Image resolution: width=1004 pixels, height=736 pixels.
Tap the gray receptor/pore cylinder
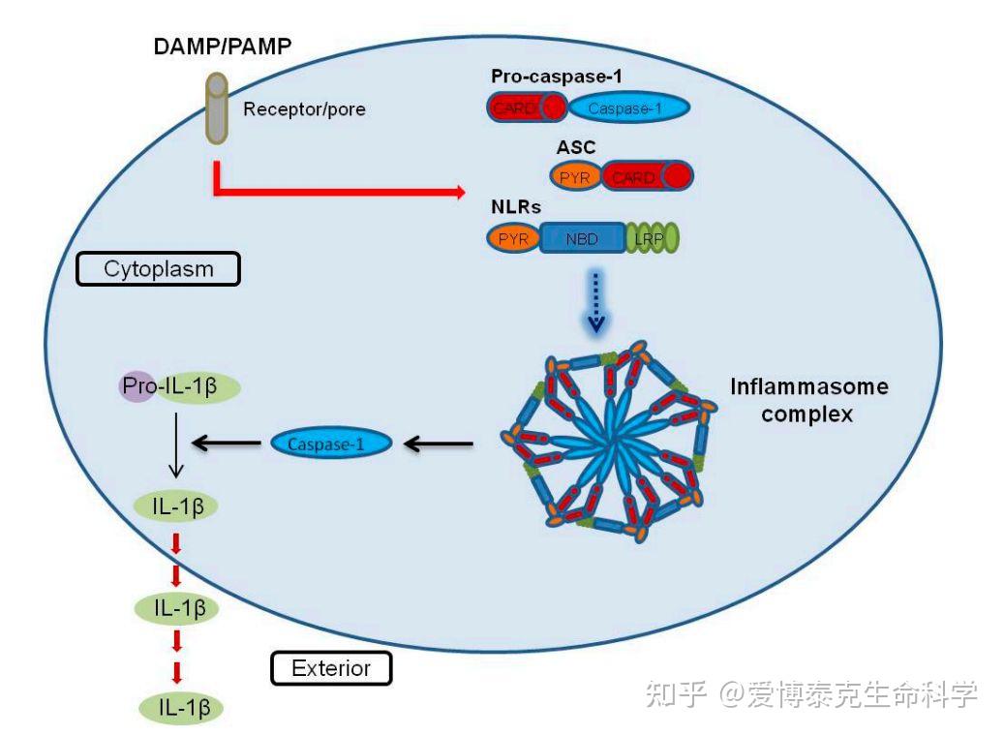click(x=217, y=108)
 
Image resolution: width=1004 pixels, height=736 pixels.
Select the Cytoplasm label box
click(x=158, y=268)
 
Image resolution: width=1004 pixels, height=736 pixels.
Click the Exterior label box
click(x=331, y=667)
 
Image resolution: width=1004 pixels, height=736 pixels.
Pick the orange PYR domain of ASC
click(x=575, y=177)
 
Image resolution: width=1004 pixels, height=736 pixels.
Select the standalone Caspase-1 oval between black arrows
click(x=330, y=444)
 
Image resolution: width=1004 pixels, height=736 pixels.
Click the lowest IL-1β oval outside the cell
click(x=182, y=708)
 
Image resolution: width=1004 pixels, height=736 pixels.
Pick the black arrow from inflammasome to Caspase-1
click(x=438, y=445)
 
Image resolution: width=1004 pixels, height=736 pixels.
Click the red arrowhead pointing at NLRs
click(x=457, y=193)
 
